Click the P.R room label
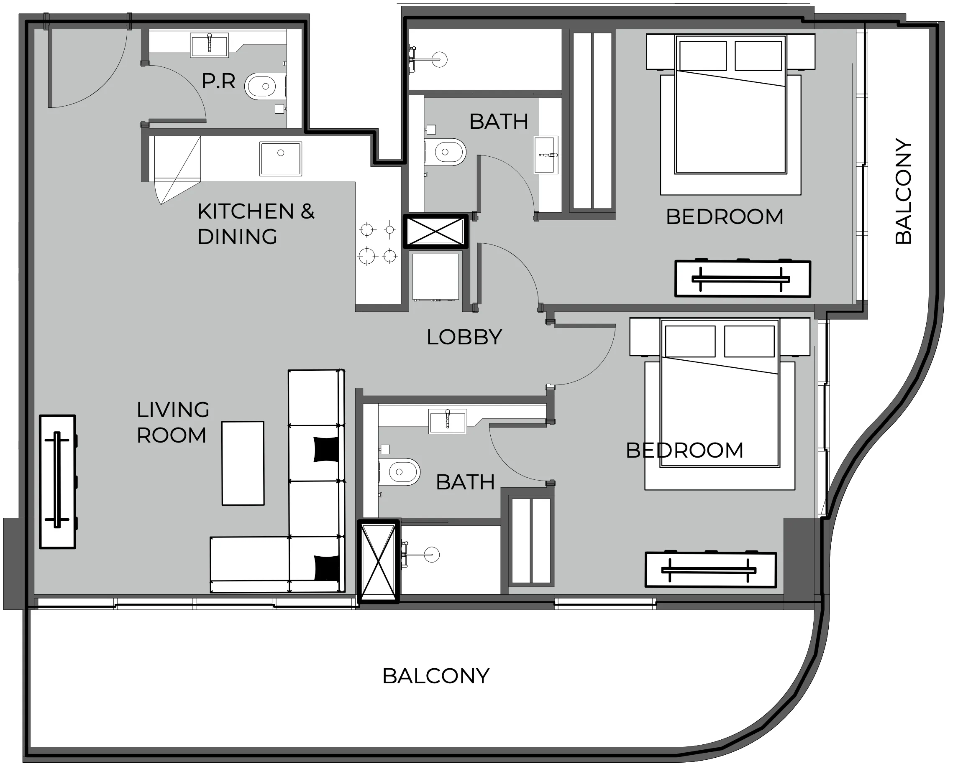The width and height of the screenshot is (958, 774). click(x=218, y=81)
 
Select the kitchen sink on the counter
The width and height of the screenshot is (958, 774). click(x=281, y=159)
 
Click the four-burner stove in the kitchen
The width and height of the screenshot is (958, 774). click(x=378, y=243)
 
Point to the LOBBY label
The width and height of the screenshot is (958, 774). click(x=464, y=338)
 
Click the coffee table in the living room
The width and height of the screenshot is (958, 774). click(x=243, y=463)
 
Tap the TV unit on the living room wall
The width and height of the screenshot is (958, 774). click(x=58, y=481)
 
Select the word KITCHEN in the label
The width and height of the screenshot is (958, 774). click(x=246, y=211)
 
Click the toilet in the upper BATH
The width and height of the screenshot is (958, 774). click(x=445, y=152)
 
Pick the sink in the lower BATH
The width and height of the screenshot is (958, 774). click(x=448, y=421)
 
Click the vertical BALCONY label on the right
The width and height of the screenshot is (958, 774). click(x=904, y=192)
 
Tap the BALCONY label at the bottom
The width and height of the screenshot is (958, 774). click(x=436, y=676)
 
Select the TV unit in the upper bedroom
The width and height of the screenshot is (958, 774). click(x=743, y=279)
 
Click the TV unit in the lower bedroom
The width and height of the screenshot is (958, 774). click(x=711, y=570)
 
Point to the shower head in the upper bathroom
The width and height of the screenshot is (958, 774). click(x=439, y=59)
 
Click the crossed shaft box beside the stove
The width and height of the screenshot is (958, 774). click(x=436, y=232)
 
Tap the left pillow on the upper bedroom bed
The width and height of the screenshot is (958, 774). click(x=703, y=56)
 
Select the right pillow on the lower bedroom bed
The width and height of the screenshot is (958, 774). click(x=749, y=341)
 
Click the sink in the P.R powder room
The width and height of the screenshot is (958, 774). click(x=209, y=45)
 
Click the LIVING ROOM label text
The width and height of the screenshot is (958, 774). click(x=173, y=422)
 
